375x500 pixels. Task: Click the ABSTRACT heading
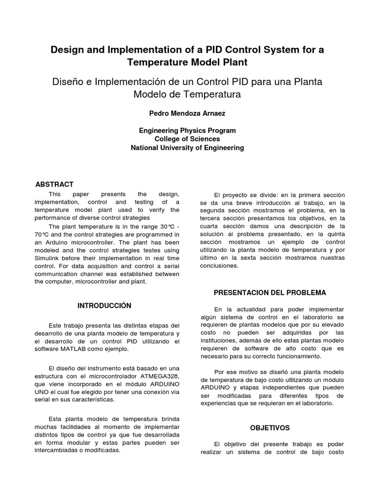click(55, 185)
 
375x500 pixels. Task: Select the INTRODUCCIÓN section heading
click(104, 306)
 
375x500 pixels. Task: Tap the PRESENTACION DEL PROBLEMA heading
click(270, 292)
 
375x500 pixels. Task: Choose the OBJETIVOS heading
click(270, 428)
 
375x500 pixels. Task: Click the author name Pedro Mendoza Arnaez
click(187, 113)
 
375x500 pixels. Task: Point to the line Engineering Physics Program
click(187, 131)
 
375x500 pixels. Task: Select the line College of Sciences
click(187, 139)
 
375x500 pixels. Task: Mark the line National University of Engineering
click(187, 148)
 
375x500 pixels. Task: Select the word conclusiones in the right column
click(218, 266)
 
